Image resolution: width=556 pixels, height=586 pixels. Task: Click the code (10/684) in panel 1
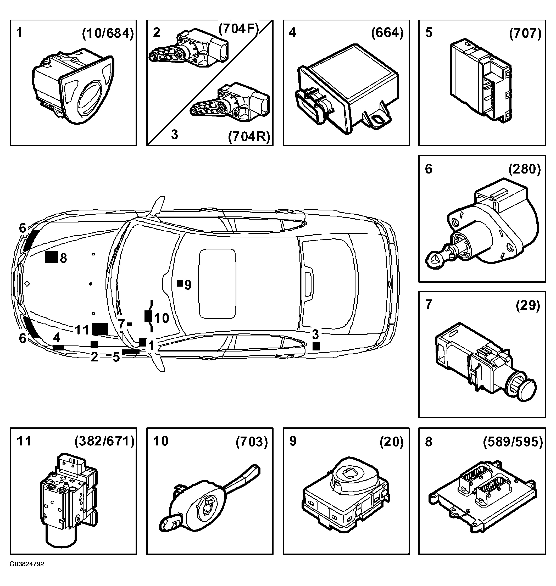click(x=108, y=34)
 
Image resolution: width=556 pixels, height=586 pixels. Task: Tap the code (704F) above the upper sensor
click(x=238, y=29)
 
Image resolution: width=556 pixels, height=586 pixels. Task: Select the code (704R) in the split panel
click(x=249, y=137)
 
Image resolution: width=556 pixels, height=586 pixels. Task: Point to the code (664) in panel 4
click(x=387, y=33)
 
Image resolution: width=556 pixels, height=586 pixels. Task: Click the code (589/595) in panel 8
click(x=513, y=442)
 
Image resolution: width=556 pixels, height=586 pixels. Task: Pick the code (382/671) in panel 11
click(x=105, y=442)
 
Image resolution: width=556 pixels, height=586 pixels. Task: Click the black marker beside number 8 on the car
click(x=51, y=257)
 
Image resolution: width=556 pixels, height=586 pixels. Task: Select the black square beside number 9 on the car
click(x=180, y=283)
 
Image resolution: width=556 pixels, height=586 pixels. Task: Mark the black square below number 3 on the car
click(x=316, y=346)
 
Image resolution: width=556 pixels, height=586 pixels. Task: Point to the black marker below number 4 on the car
click(x=58, y=348)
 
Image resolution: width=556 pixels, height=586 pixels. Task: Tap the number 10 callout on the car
click(x=162, y=318)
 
